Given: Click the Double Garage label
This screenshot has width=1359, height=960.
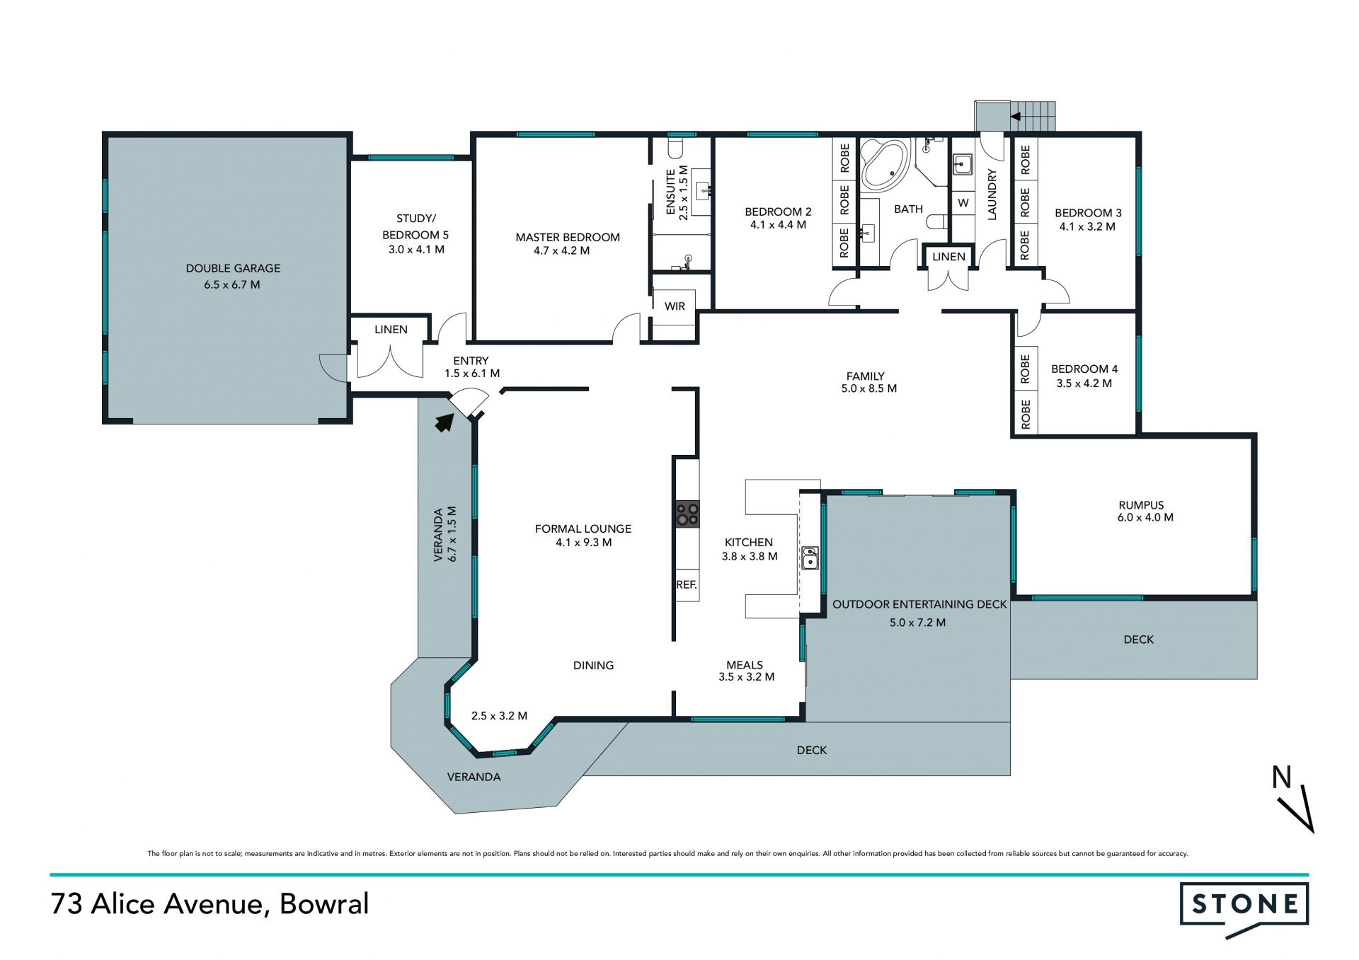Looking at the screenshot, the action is [x=233, y=268].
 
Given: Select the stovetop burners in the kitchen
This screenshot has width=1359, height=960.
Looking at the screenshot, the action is [x=687, y=514].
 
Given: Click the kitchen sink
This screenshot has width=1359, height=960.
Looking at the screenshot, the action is [x=810, y=557].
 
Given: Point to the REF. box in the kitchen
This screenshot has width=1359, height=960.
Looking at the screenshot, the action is [x=687, y=585].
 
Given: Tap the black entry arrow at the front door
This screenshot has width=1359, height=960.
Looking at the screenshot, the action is [x=444, y=422].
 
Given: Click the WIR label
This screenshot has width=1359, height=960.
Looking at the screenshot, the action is [x=675, y=306].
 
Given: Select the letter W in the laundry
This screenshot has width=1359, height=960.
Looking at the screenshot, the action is [x=963, y=203].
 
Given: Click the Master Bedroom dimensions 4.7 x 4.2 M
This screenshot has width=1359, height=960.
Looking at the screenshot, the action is [x=561, y=250].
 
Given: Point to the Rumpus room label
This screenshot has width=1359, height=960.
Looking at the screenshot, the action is [x=1141, y=505].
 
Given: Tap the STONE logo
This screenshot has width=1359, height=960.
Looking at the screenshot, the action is [x=1244, y=908].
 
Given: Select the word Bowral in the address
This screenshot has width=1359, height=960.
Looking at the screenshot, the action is [x=324, y=904].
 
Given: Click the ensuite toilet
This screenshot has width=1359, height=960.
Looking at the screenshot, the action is [x=675, y=148].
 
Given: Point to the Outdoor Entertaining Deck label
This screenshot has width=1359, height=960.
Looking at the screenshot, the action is [x=919, y=604].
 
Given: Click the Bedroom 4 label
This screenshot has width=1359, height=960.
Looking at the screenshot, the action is [x=1084, y=369].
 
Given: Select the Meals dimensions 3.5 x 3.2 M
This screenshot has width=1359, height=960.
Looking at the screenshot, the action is [x=746, y=677].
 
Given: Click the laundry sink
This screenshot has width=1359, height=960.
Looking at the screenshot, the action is [x=962, y=165].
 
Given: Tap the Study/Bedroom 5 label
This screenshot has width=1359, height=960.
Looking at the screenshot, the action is [x=415, y=226].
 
